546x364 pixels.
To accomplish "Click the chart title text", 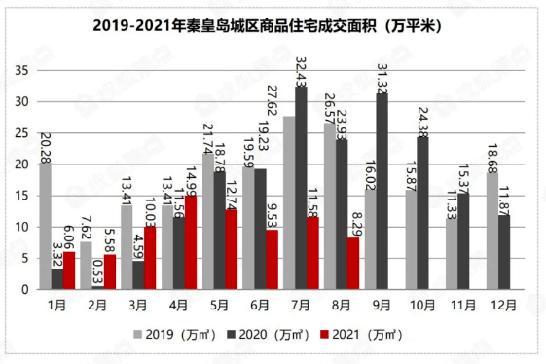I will pyautogui.click(x=273, y=27).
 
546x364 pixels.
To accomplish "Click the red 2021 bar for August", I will pyautogui.click(x=352, y=263).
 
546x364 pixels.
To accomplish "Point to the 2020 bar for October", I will pyautogui.click(x=423, y=213).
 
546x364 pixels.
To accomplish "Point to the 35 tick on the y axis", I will pyautogui.click(x=20, y=71).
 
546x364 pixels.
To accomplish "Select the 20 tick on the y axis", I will pyautogui.click(x=20, y=164).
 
